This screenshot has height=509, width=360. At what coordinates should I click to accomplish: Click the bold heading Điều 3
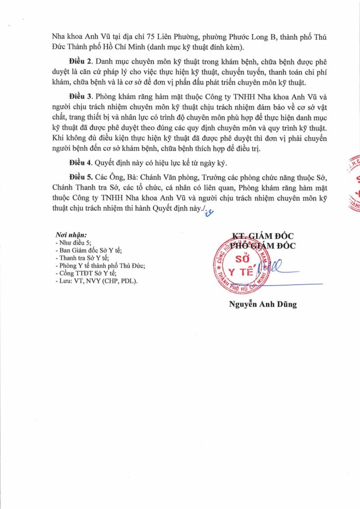pos(81,96)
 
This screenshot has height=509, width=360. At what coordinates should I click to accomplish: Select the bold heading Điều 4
pos(81,163)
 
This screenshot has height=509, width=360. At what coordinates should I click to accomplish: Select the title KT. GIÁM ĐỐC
pos(263,235)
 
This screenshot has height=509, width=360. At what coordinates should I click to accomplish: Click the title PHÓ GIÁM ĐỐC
pos(263,244)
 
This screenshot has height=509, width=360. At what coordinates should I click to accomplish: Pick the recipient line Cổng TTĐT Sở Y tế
pos(87,273)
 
